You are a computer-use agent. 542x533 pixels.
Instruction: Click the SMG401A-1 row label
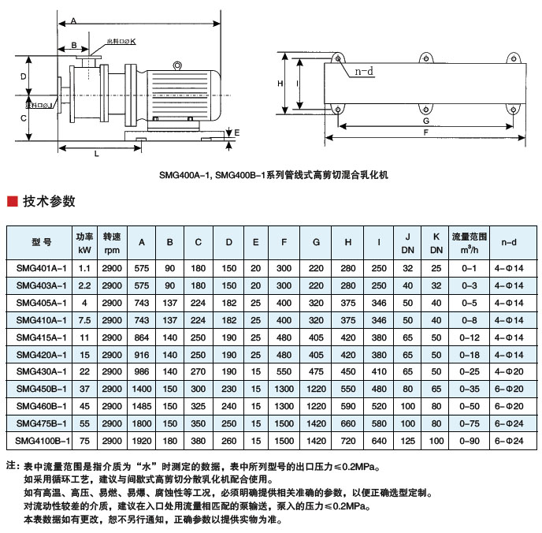click(x=41, y=268)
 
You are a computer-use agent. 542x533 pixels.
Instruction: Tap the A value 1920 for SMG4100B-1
click(x=141, y=440)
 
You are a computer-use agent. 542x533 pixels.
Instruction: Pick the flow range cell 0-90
click(x=470, y=440)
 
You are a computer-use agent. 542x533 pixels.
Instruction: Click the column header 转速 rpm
click(x=112, y=242)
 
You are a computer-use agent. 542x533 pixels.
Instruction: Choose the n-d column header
click(x=509, y=242)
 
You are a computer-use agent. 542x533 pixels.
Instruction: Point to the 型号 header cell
click(x=41, y=242)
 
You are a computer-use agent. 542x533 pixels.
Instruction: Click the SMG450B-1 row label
click(x=41, y=389)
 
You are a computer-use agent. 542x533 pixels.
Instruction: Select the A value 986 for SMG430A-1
click(x=141, y=371)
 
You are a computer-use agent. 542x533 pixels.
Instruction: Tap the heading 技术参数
click(x=49, y=201)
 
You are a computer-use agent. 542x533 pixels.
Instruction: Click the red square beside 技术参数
click(x=12, y=201)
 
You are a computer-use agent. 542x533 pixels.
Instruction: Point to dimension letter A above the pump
click(x=73, y=20)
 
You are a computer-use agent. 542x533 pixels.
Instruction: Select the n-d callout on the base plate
click(x=363, y=72)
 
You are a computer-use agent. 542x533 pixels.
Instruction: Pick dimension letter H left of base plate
click(x=280, y=82)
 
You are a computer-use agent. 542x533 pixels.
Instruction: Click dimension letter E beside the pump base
click(x=237, y=134)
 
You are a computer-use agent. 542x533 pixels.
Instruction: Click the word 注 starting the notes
click(x=11, y=467)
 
